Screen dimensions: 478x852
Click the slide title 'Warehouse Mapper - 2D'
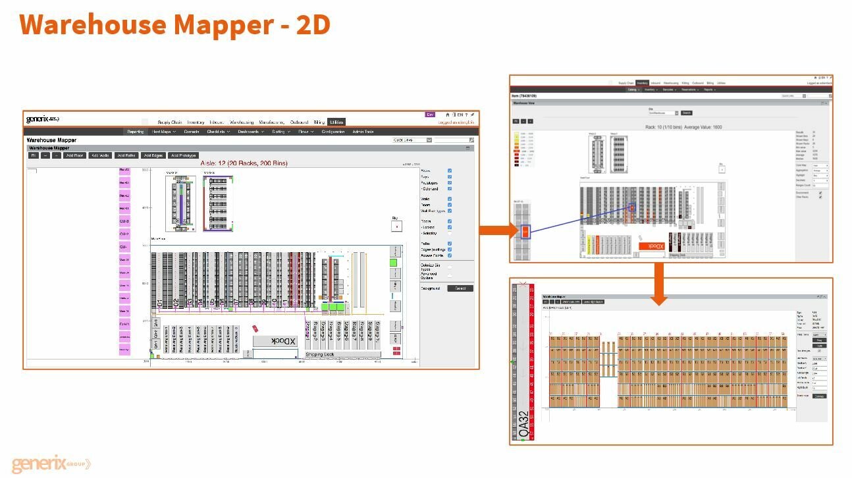click(174, 25)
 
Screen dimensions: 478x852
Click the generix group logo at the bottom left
click(51, 464)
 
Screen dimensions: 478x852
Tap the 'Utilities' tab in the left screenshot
click(336, 122)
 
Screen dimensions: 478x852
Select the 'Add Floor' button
click(74, 155)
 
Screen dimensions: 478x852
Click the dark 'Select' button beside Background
click(460, 288)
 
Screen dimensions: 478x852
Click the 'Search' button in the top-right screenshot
click(686, 113)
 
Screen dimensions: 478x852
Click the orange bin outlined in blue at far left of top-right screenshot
click(525, 231)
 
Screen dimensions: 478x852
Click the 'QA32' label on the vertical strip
click(523, 425)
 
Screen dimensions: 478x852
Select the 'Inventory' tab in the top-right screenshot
click(642, 83)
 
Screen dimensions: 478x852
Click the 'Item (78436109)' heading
click(529, 96)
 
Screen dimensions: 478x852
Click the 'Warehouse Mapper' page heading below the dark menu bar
click(51, 140)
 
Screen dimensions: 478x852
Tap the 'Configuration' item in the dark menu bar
click(333, 132)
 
